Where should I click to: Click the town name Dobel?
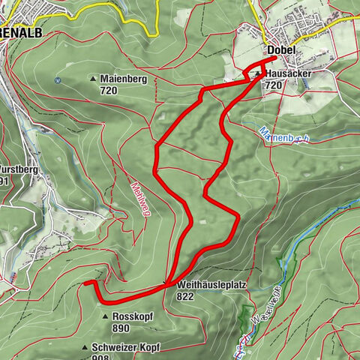pos(280,50)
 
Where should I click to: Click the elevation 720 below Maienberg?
pos(109,90)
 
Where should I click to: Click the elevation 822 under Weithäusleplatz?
pos(187,297)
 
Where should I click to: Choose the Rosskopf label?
pos(133,317)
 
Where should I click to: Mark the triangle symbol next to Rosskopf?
pos(105,317)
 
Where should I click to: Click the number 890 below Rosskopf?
pos(121,328)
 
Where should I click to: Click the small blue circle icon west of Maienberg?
pos(58,79)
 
